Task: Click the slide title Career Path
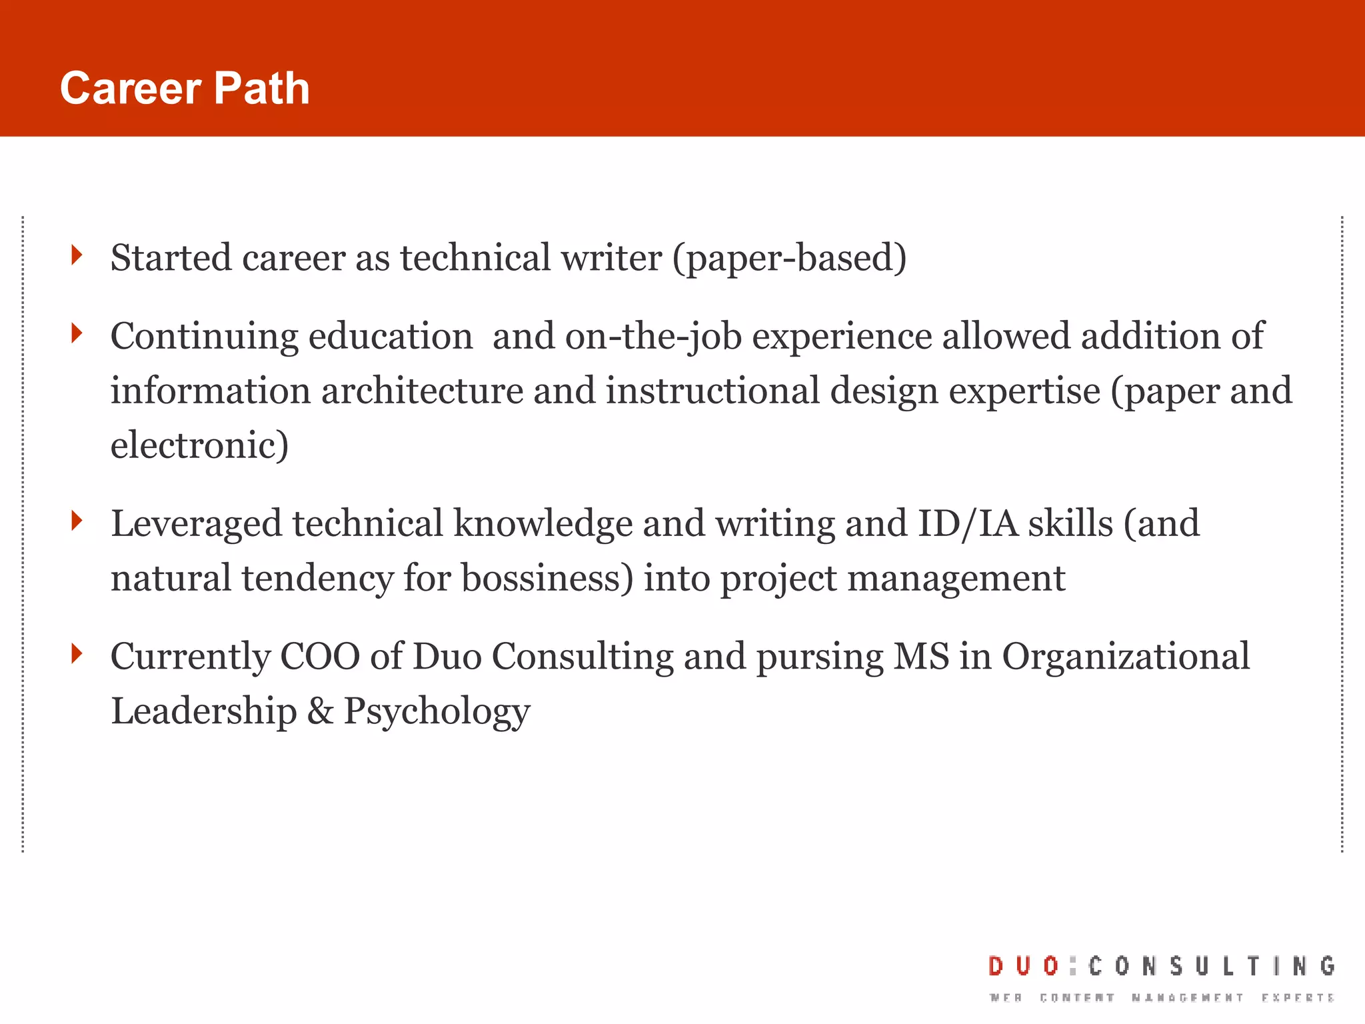coord(185,89)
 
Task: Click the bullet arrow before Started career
coord(77,255)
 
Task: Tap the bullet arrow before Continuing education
coord(77,333)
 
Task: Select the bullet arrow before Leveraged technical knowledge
coord(77,521)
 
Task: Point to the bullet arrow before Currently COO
coord(77,653)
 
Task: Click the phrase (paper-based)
coord(789,259)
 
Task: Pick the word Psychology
coord(437,712)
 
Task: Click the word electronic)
coord(199,445)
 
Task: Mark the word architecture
coord(422,391)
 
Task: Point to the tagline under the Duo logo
coord(1162,998)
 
